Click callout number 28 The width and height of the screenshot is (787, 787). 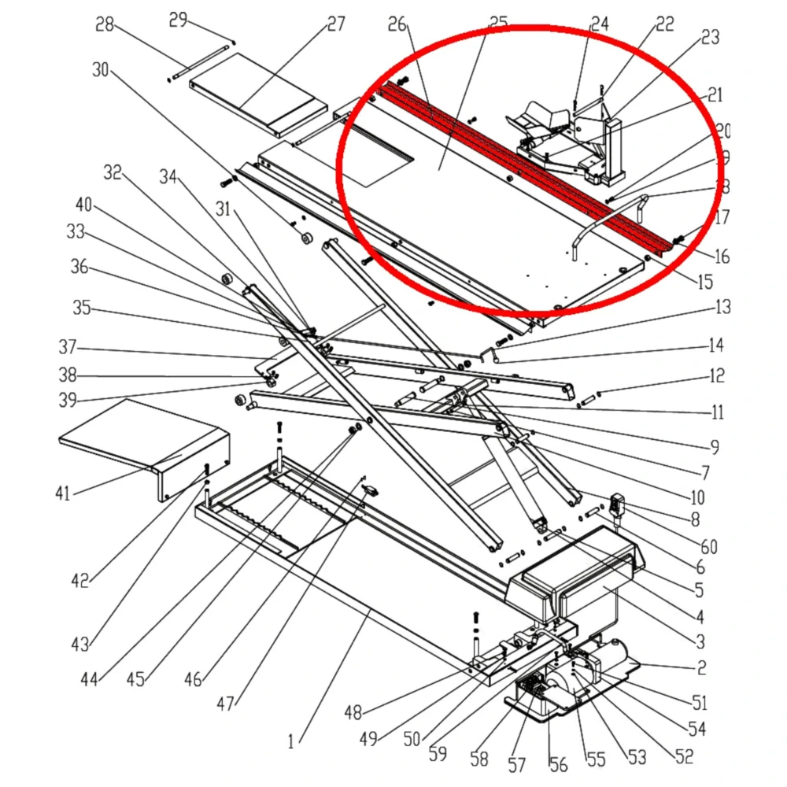point(105,26)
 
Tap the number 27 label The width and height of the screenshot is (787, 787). point(336,24)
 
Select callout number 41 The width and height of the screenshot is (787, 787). point(62,493)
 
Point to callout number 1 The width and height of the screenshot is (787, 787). point(290,741)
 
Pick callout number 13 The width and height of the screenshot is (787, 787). point(722,307)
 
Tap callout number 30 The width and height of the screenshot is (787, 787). point(101,70)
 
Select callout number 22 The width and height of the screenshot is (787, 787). point(665,24)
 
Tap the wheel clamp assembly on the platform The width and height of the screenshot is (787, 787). point(567,142)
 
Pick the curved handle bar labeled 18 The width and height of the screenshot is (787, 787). point(606,220)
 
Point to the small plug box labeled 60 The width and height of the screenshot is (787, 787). point(619,503)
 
